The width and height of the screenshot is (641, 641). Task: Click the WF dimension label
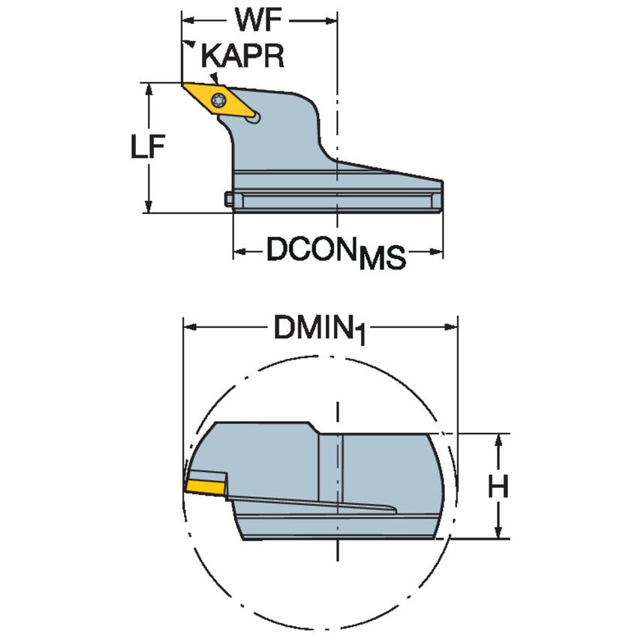258,20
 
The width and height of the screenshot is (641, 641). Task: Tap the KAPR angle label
242,56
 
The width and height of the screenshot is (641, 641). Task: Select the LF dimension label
148,146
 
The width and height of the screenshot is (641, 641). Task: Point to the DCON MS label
336,253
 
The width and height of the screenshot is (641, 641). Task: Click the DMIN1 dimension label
319,330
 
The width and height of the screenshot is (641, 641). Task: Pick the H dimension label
498,486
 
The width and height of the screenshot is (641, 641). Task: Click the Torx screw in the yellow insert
218,100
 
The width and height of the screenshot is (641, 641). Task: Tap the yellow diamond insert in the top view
219,100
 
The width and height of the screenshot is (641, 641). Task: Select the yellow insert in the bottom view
205,488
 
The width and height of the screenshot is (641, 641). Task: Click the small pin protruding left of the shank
229,199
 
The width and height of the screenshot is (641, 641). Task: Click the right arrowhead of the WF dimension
330,20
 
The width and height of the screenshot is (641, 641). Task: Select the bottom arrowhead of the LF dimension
149,205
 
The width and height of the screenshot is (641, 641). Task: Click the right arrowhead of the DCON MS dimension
435,251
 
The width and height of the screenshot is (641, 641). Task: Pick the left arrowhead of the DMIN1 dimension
191,327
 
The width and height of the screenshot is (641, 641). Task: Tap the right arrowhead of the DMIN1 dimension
450,327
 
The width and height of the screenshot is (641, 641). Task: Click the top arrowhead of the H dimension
498,441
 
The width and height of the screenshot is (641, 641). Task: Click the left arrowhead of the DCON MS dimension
241,251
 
